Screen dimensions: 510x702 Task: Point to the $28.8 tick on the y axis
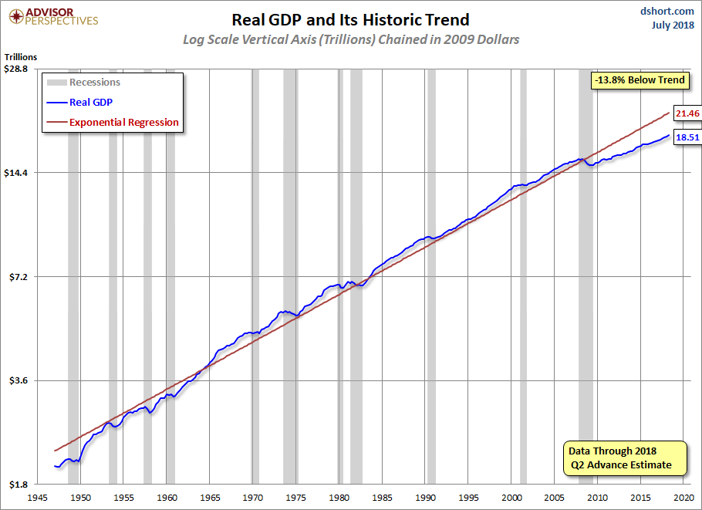(15, 69)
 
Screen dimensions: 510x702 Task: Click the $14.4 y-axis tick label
(15, 173)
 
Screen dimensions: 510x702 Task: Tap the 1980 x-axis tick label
(339, 498)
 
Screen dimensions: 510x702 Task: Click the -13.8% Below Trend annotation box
(640, 80)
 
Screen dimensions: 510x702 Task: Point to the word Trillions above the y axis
(21, 57)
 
